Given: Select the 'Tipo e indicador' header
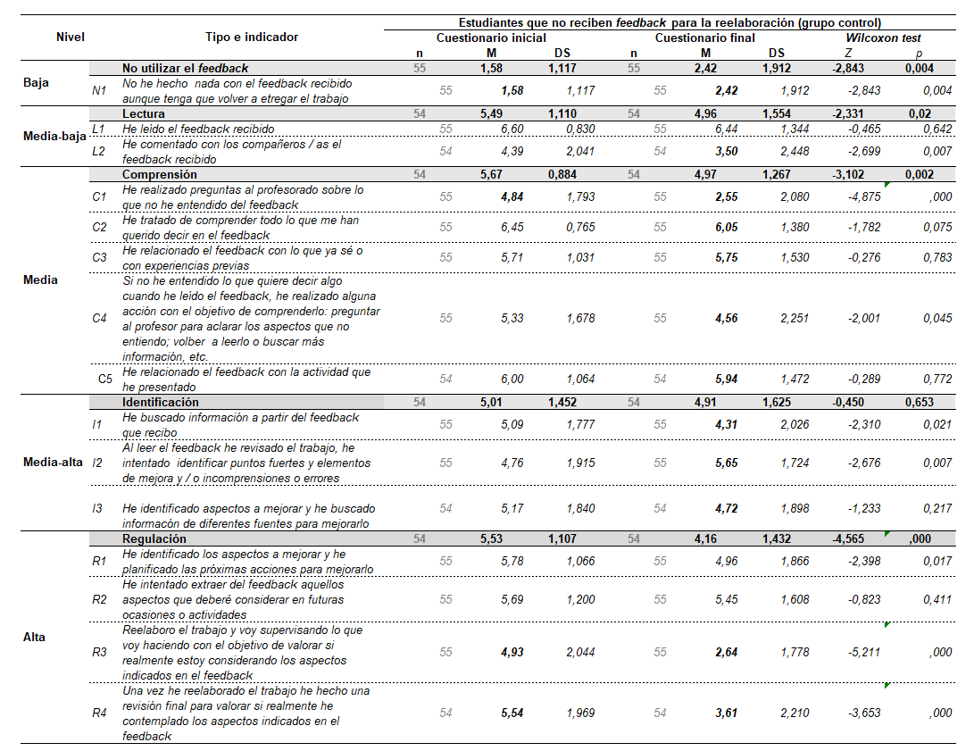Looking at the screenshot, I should pyautogui.click(x=251, y=38).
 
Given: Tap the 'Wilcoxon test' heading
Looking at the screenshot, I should pyautogui.click(x=884, y=38).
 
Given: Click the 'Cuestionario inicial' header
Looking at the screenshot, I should pyautogui.click(x=491, y=38).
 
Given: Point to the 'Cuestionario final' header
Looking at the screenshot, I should pyautogui.click(x=705, y=38).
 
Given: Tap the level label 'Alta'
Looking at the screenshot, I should pyautogui.click(x=35, y=638).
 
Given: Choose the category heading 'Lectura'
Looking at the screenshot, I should pyautogui.click(x=144, y=114).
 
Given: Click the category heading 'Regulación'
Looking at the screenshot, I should pyautogui.click(x=154, y=539).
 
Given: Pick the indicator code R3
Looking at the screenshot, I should pyautogui.click(x=99, y=652).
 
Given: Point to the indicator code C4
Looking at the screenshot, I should pyautogui.click(x=99, y=318).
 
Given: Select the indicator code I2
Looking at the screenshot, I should pyautogui.click(x=97, y=463).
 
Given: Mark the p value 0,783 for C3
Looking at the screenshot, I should pyautogui.click(x=937, y=258).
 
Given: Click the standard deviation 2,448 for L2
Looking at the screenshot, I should pyautogui.click(x=794, y=152).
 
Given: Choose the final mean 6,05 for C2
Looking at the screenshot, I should pyautogui.click(x=724, y=228).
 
